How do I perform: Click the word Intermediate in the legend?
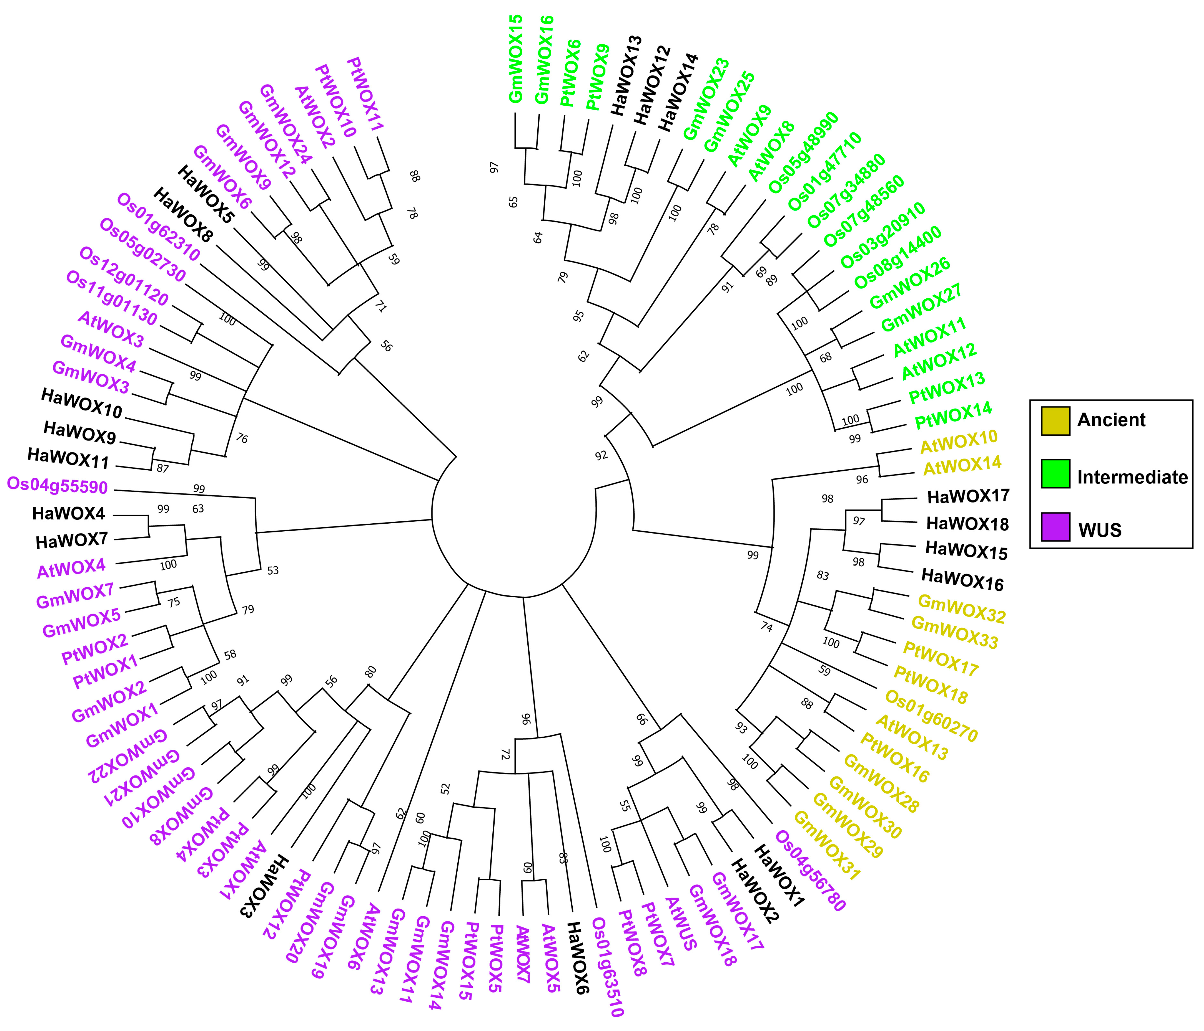1132,477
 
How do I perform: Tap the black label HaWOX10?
81,404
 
